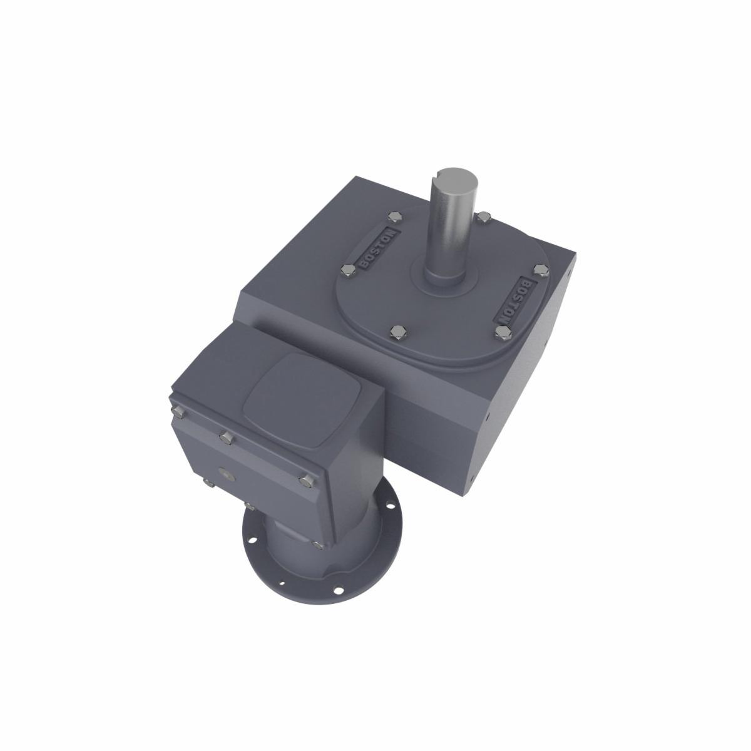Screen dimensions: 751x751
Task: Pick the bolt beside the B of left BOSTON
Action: pyautogui.click(x=347, y=270)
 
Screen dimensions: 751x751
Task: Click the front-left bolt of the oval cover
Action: pyautogui.click(x=395, y=331)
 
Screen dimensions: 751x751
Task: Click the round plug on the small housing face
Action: pyautogui.click(x=225, y=474)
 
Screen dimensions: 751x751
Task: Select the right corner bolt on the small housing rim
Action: pyautogui.click(x=305, y=480)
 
